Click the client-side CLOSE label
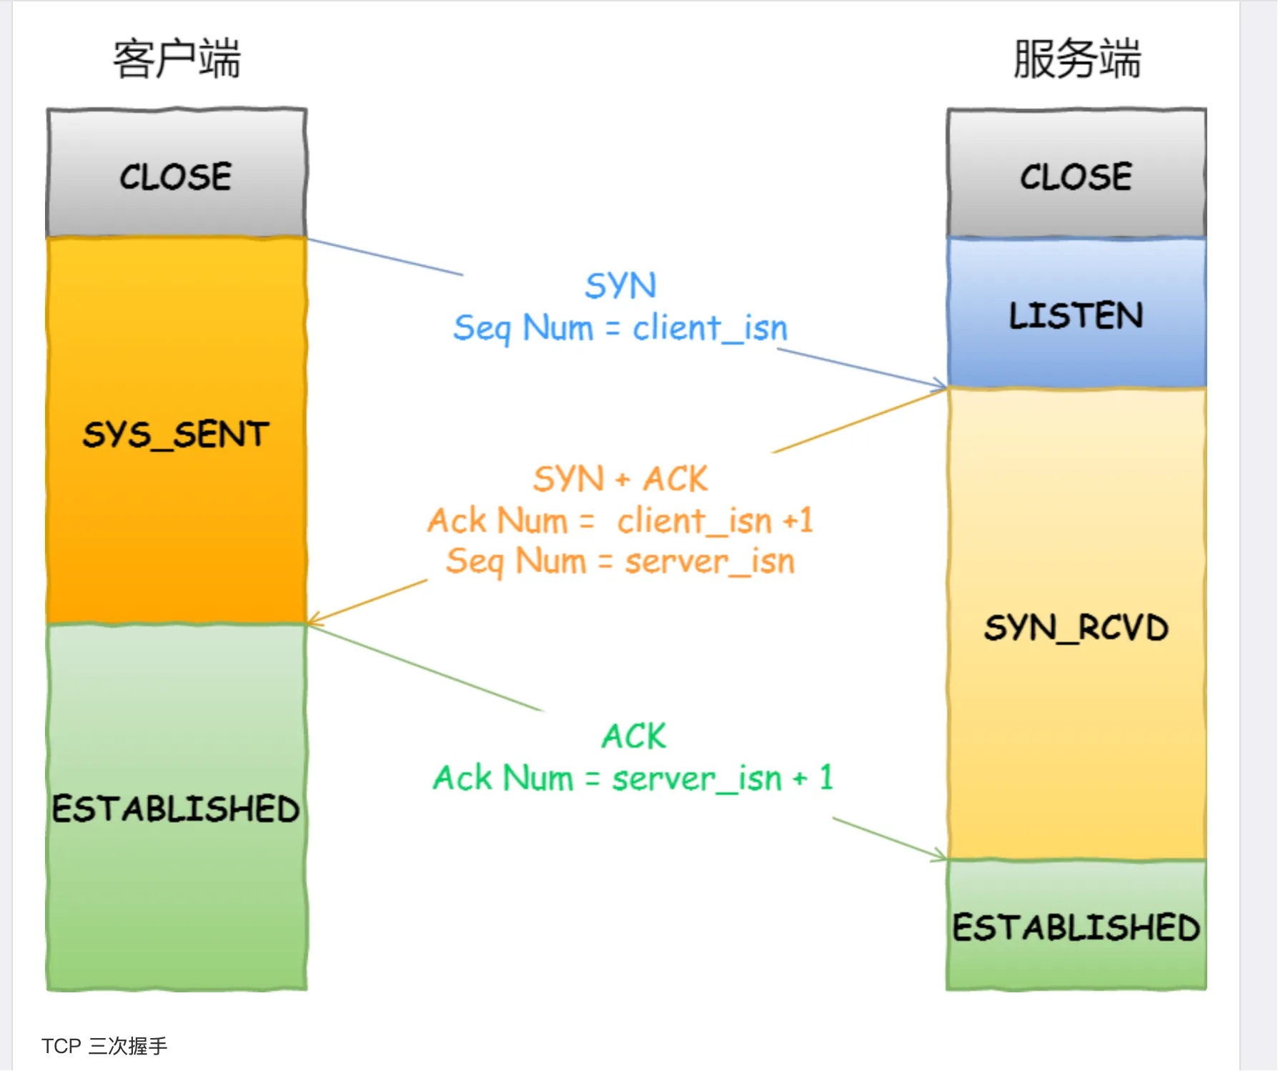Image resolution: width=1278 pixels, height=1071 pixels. coord(176,177)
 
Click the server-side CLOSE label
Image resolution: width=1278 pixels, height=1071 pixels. coord(1076,177)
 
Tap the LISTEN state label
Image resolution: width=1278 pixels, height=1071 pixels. coord(1076,315)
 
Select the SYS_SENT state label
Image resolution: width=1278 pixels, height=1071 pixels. coord(176,435)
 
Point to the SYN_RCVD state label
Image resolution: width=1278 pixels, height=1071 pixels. coord(1076,628)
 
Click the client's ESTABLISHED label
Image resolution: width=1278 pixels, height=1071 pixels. coord(176,809)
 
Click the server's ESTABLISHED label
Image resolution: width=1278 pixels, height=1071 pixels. coord(1076,927)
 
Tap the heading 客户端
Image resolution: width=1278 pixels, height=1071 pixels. coord(177,59)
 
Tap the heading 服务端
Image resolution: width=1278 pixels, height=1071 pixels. coord(1076,59)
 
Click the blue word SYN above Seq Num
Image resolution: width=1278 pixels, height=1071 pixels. coord(620,286)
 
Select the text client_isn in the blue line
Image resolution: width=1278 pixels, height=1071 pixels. coord(710,328)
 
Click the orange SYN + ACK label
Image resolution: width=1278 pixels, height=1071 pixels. coord(620,478)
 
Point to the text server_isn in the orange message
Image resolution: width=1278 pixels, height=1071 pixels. coord(710,561)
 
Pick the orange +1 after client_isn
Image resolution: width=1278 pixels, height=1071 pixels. coord(798,520)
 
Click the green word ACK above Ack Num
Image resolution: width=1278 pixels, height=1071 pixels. coord(633,736)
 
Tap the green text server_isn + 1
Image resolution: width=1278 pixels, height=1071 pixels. coord(722,778)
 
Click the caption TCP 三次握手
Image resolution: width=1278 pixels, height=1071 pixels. coord(104,1046)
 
